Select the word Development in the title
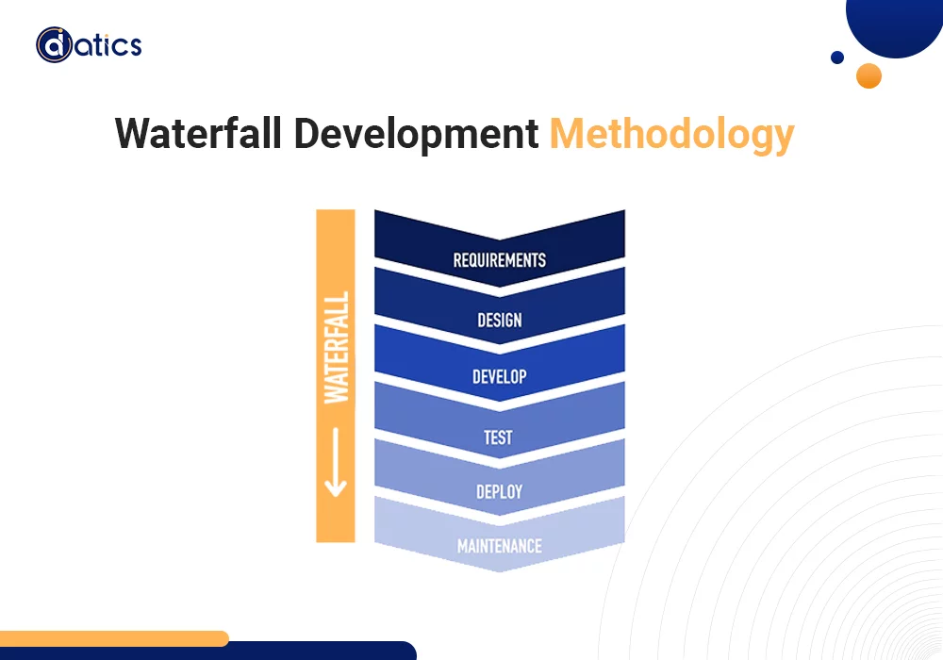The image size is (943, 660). (x=416, y=135)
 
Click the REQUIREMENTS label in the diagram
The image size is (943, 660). (x=499, y=260)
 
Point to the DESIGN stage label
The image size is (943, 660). (x=499, y=321)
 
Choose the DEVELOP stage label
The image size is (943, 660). (x=499, y=377)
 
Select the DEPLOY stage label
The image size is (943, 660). (x=499, y=492)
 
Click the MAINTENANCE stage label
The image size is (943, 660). (x=499, y=547)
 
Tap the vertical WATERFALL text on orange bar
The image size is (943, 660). (x=337, y=347)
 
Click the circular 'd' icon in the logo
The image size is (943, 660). (x=55, y=45)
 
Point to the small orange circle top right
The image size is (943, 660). (x=869, y=75)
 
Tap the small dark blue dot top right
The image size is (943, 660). (x=836, y=58)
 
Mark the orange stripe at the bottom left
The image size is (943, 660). (x=113, y=638)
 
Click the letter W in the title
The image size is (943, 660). (x=132, y=135)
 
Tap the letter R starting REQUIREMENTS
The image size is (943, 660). (x=457, y=260)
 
